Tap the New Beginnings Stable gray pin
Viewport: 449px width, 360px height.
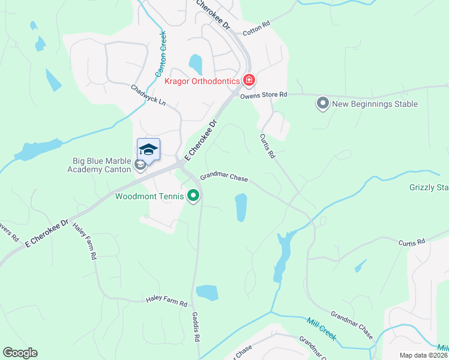[322, 104]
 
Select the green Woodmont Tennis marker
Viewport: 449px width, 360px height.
[193, 196]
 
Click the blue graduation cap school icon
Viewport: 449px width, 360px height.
[148, 149]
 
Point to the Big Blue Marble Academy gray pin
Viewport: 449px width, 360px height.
[140, 166]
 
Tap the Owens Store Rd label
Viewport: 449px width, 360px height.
[264, 95]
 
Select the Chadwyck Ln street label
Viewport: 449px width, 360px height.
[148, 95]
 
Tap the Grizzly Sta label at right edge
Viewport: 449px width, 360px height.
[429, 188]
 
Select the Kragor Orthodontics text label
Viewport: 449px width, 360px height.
[202, 80]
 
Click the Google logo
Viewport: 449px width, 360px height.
[20, 353]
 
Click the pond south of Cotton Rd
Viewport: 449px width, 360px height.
[196, 63]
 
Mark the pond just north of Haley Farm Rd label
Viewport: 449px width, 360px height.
[207, 292]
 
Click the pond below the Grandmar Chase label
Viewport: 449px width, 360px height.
[241, 207]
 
